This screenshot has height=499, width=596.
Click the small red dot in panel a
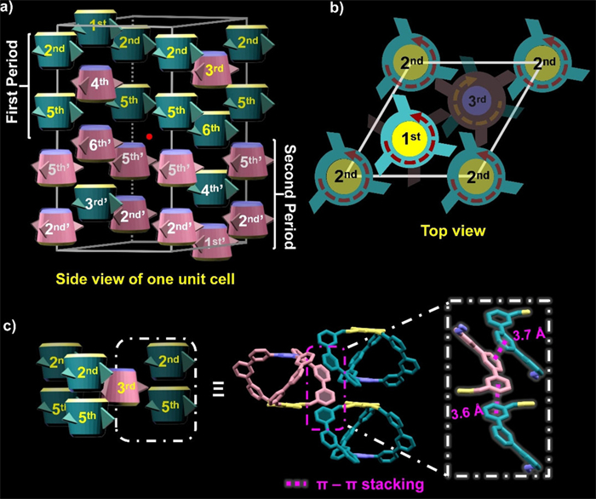[x=149, y=135]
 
